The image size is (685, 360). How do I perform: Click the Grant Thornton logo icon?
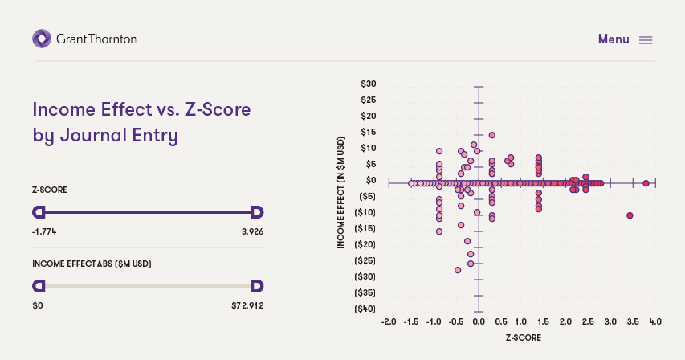point(42,39)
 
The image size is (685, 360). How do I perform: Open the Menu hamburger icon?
point(646,40)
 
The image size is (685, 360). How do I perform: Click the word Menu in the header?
point(614,39)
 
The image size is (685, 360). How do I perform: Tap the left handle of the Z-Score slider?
point(38,212)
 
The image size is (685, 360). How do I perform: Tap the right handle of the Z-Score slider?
point(257,212)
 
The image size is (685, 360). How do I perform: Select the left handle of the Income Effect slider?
point(38,285)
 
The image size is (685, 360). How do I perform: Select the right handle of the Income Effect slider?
point(257,285)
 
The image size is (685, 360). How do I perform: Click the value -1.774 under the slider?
point(44,231)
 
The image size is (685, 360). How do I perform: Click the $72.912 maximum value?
point(247,305)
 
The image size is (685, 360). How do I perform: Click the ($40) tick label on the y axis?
point(365,309)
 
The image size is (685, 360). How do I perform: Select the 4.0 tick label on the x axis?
point(654,321)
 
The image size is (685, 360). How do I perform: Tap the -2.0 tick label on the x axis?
point(389,321)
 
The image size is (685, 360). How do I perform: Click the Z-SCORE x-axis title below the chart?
point(523,338)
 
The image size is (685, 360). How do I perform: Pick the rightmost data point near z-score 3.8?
point(646,183)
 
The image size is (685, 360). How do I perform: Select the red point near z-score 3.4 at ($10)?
point(630,215)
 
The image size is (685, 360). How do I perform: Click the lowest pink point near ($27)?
point(458,270)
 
